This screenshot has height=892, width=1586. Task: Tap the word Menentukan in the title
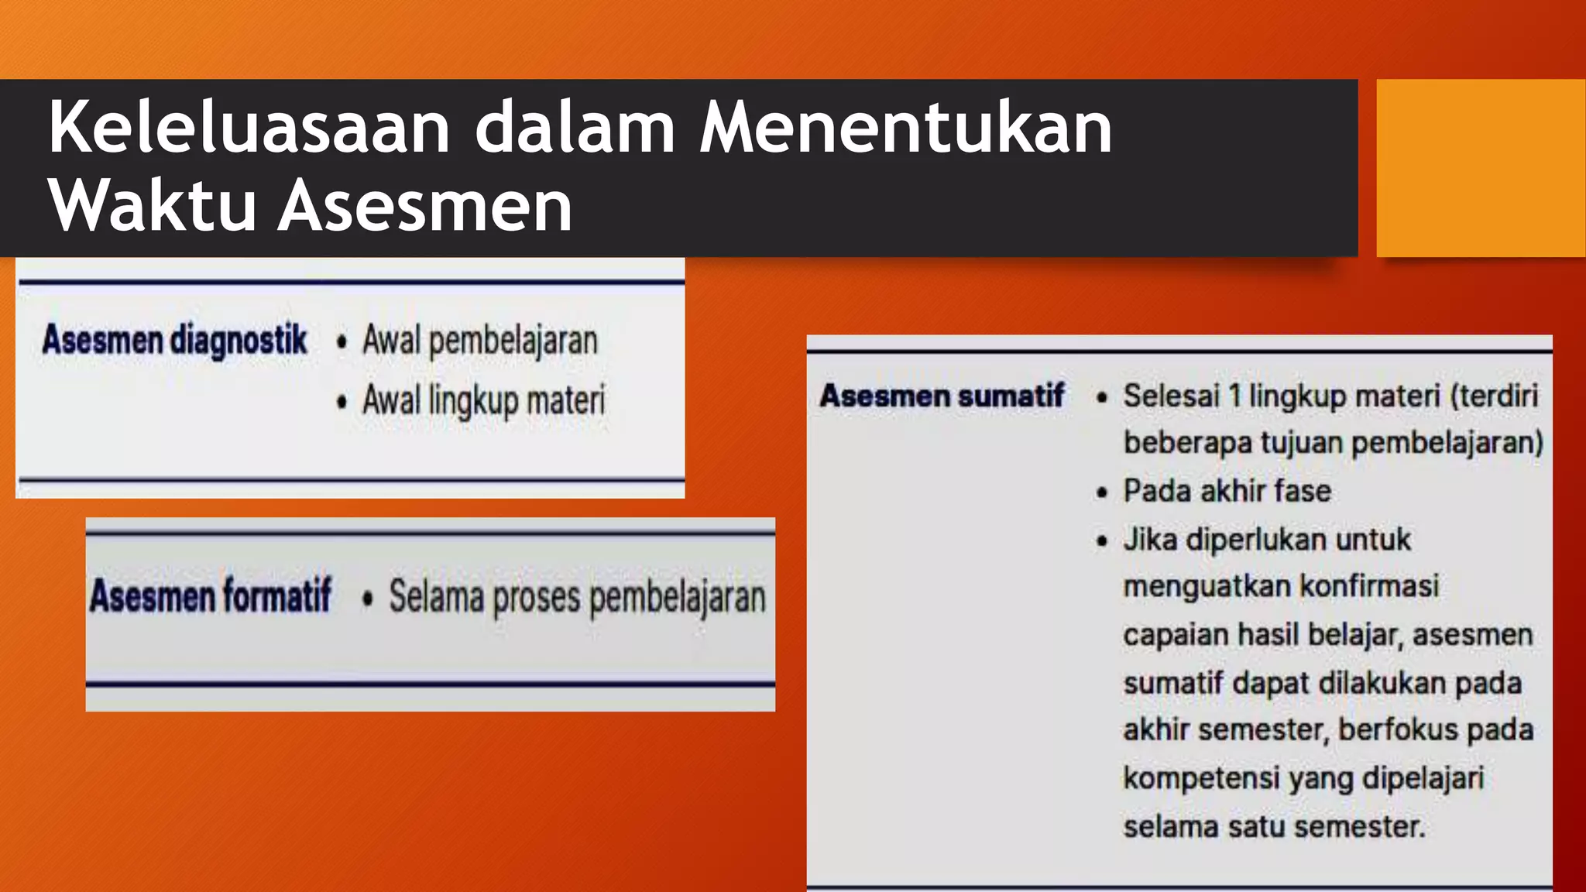click(x=905, y=127)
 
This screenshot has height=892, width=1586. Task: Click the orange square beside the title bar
click(x=1480, y=167)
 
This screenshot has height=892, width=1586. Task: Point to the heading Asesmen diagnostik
click(x=174, y=340)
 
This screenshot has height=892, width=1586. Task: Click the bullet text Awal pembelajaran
click(x=480, y=341)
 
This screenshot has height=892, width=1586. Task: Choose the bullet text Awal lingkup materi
click(x=484, y=400)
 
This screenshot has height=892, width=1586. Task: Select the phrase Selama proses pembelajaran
click(x=577, y=597)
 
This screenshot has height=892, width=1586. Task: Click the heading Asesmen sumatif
click(x=942, y=396)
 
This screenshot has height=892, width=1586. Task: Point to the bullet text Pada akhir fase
click(x=1227, y=491)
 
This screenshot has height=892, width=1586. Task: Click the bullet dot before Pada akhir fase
click(x=1102, y=492)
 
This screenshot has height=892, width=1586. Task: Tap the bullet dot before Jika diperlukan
click(x=1102, y=540)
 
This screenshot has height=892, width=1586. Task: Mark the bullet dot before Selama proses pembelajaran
click(x=367, y=598)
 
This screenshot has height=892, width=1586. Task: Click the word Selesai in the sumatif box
click(x=1171, y=396)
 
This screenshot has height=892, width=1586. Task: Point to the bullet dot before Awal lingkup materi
click(x=342, y=401)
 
